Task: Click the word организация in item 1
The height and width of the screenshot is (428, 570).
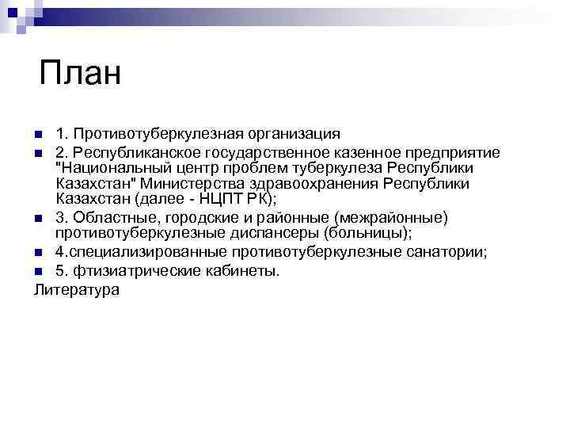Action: (x=293, y=133)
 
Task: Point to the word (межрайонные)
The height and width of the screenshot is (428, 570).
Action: (x=391, y=217)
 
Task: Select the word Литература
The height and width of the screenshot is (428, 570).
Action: (x=77, y=289)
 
